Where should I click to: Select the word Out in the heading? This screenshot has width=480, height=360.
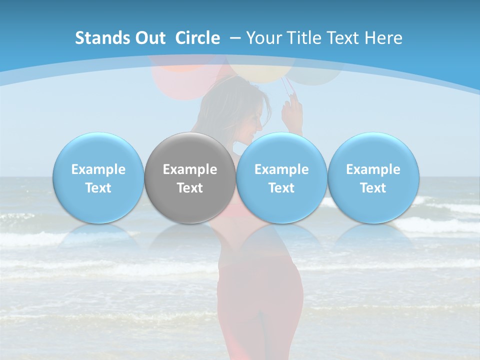[149, 38]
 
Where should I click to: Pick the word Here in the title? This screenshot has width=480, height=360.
[383, 38]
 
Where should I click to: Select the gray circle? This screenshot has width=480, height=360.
[190, 177]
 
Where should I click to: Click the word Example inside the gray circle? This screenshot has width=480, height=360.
[190, 169]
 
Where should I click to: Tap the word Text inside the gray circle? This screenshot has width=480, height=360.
[190, 188]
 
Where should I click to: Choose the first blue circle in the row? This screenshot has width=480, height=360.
[98, 177]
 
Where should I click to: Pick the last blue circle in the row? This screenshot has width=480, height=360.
[373, 177]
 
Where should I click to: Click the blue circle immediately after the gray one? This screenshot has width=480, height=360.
[281, 177]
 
